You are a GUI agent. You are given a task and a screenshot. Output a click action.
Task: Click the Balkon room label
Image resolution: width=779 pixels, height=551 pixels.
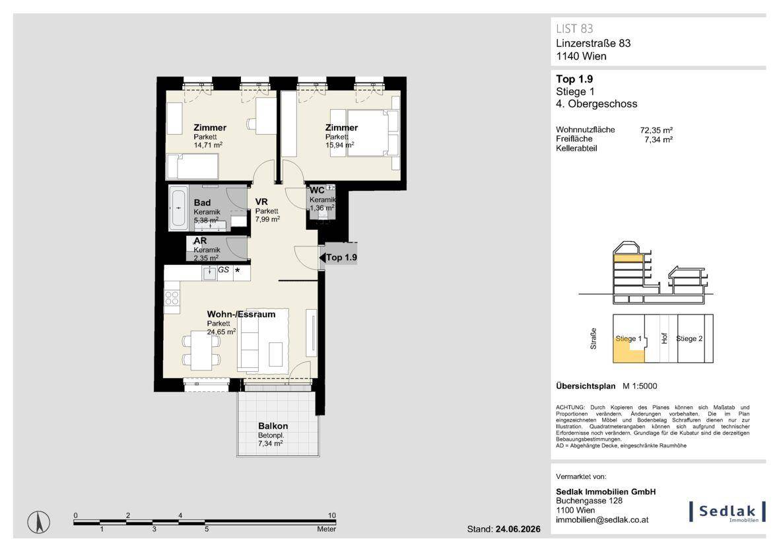pos(273,426)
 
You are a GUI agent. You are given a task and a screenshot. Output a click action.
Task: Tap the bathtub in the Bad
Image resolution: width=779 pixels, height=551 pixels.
pos(178,208)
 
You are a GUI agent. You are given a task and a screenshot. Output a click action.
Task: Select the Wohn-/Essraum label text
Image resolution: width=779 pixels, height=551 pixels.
pos(241,314)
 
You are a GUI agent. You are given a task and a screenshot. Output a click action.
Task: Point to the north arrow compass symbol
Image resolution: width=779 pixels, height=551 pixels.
pos(38,522)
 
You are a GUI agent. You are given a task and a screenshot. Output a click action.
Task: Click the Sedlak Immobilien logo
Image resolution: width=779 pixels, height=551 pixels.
pos(728,512)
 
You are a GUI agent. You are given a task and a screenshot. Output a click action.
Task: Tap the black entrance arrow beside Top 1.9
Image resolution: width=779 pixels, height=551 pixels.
pos(322,258)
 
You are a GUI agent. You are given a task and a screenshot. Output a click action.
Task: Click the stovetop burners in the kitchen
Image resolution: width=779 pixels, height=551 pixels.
pos(172,299)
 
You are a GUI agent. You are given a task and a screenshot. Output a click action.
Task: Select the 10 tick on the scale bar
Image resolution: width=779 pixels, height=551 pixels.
pos(332,515)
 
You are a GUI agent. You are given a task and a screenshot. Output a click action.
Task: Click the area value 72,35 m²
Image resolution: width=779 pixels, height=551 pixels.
pos(656,130)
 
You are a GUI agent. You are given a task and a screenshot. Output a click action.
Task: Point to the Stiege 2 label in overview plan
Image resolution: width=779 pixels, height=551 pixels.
pos(689,339)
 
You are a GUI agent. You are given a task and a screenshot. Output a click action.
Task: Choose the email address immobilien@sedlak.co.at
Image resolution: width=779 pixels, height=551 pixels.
pos(602,520)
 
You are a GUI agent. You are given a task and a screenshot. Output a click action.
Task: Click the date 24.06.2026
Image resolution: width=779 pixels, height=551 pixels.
pos(518,529)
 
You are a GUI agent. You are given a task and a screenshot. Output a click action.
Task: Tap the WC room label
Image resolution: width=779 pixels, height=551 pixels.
pos(317,190)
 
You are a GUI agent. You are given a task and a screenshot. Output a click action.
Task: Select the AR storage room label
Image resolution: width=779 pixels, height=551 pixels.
pos(200,241)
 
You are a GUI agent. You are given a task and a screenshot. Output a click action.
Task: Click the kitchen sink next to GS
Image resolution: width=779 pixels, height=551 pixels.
pos(209,273)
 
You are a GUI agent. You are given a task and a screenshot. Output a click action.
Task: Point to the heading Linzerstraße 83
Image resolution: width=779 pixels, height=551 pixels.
pos(593,43)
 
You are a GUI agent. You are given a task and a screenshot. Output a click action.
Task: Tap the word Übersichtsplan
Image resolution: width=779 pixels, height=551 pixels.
pos(586,386)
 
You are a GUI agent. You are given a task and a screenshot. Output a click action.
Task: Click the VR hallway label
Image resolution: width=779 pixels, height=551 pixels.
pos(261,202)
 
